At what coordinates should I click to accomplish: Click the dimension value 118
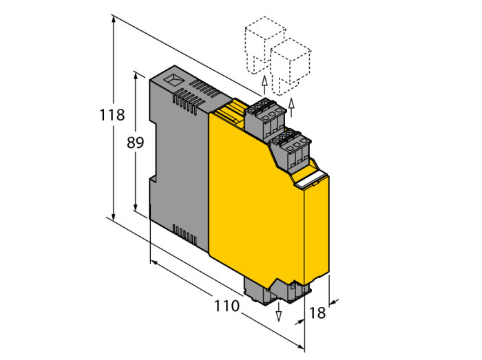(x=112, y=115)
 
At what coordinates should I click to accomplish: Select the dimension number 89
(x=135, y=142)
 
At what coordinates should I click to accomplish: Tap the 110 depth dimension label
(x=227, y=306)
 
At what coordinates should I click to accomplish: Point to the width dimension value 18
(x=317, y=313)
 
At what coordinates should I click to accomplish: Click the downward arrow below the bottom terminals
(x=279, y=312)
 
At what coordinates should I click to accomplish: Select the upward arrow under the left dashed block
(x=264, y=85)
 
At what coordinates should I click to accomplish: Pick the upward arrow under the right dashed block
(x=291, y=107)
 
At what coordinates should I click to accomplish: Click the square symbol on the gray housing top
(x=174, y=80)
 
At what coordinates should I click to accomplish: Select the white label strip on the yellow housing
(x=311, y=180)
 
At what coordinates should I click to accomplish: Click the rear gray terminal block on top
(x=265, y=119)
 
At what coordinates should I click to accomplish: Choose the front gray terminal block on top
(x=291, y=151)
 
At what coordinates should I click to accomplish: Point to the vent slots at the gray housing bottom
(x=185, y=235)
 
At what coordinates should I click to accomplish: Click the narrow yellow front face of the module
(x=317, y=231)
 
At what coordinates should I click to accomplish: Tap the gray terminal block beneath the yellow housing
(x=277, y=291)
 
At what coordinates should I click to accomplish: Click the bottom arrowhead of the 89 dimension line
(x=135, y=206)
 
